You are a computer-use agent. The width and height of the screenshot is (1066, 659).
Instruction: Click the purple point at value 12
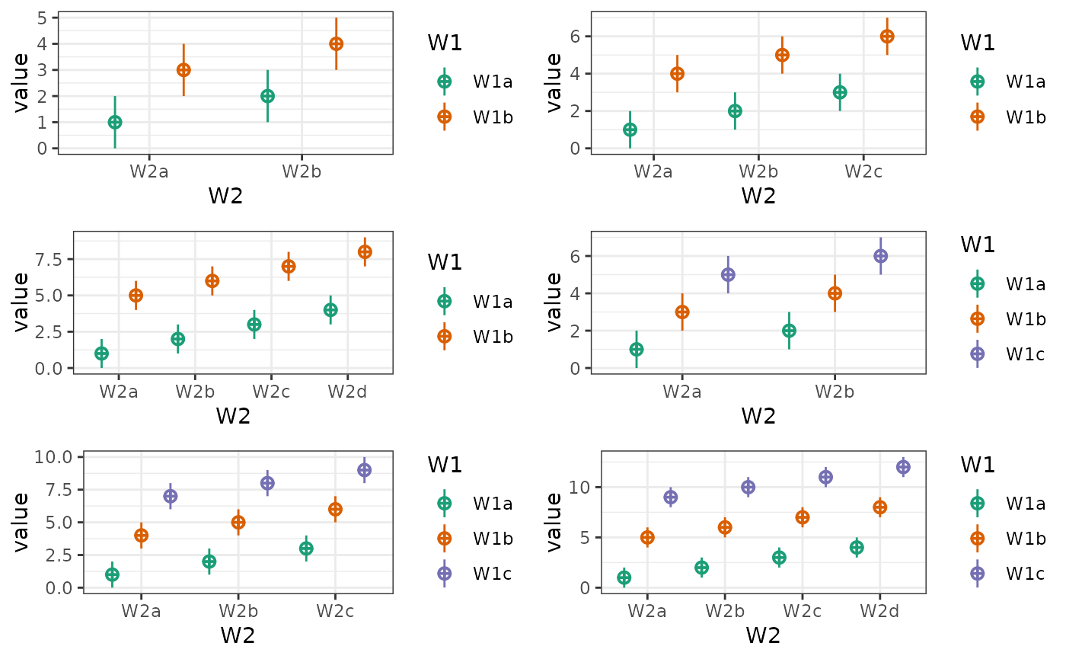[903, 467]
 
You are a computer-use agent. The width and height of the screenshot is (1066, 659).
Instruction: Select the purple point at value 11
[825, 477]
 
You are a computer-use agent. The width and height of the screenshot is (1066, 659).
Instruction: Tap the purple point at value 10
[748, 487]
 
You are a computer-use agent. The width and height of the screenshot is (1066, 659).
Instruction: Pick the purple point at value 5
[728, 274]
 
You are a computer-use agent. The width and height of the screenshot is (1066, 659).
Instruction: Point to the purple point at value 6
[880, 256]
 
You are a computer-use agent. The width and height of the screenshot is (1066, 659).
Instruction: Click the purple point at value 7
[170, 496]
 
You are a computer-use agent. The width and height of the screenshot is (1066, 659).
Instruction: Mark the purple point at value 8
[267, 483]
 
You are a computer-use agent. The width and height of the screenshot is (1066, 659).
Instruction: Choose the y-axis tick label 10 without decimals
[575, 487]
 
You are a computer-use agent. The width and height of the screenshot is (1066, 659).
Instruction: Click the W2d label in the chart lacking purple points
[347, 392]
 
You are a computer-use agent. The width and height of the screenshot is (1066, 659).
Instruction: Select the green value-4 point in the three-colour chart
[857, 547]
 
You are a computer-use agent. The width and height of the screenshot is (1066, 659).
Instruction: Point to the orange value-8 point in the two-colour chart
[365, 251]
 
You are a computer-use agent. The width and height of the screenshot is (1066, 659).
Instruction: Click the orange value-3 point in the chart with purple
[682, 312]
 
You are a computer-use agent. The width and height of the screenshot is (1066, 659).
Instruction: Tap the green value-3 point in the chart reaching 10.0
[306, 548]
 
